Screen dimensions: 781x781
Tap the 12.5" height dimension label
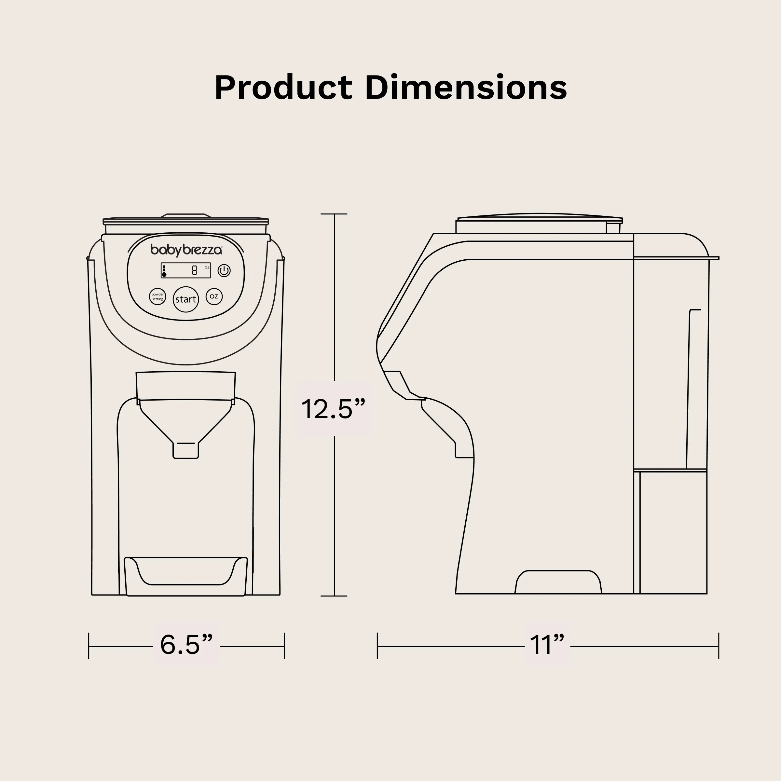point(333,409)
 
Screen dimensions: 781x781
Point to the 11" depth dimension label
point(547,644)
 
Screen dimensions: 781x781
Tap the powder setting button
point(157,297)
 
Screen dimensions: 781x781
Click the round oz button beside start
point(214,296)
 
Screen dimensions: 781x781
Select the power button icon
point(224,270)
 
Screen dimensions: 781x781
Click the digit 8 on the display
point(195,270)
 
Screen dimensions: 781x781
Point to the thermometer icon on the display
point(164,271)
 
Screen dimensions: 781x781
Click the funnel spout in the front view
point(185,449)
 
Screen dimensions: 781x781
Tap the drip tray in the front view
point(185,576)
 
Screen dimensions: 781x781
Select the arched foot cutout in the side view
point(558,582)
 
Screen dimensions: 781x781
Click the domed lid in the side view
point(540,217)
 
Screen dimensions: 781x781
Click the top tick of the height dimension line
point(334,214)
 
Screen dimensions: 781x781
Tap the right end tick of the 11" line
point(718,646)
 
